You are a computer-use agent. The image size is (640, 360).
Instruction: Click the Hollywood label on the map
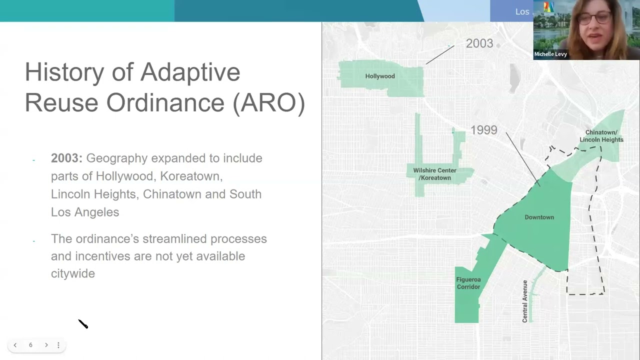380,76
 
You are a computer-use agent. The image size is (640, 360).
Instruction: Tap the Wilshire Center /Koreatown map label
434,174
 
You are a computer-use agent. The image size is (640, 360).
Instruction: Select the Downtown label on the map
539,217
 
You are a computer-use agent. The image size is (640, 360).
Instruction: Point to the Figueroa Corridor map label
468,283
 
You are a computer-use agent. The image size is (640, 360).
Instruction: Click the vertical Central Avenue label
525,301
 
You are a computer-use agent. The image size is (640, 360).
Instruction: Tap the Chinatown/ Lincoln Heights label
601,136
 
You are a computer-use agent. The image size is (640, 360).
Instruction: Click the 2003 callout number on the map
479,43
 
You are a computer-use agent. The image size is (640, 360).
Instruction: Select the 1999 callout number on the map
483,130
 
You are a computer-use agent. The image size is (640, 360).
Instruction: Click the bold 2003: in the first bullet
66,158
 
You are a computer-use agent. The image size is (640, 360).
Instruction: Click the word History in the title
64,72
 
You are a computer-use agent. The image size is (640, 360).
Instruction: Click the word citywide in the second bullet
72,273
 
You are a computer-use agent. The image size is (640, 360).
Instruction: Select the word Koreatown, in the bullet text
191,176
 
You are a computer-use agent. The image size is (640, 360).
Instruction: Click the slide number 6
30,345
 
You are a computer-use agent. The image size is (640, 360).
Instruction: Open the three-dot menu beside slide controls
58,345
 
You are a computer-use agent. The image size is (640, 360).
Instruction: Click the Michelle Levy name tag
550,54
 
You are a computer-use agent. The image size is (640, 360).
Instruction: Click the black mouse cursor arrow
83,324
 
